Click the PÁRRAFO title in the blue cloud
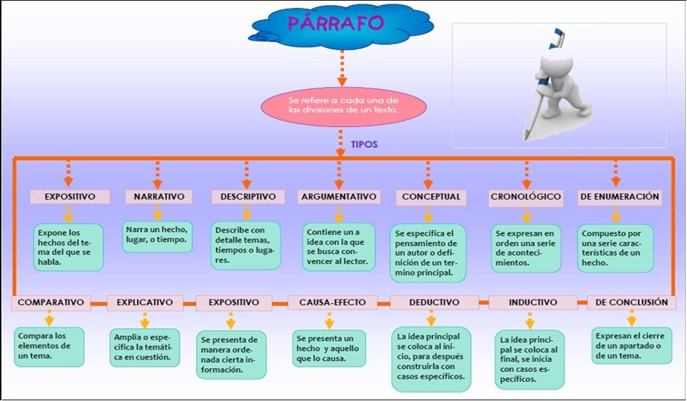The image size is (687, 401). tap(335, 23)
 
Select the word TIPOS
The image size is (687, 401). tap(364, 144)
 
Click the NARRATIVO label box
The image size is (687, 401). tap(158, 196)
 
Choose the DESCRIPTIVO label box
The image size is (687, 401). tap(246, 196)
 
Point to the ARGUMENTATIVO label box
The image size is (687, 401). tap(338, 196)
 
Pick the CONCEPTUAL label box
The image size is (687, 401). tap(431, 196)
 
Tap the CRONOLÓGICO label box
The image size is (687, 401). tap(526, 196)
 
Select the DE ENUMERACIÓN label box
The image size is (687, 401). tap(619, 196)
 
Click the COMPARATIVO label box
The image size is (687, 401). tap(51, 303)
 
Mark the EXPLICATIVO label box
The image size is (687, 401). tap(145, 303)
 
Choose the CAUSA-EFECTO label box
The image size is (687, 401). tap(332, 303)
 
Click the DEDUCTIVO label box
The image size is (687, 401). tap(434, 303)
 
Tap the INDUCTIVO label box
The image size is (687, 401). tap(533, 303)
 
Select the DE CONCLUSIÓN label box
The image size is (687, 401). tap(631, 303)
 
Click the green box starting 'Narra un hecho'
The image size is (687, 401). tap(157, 237)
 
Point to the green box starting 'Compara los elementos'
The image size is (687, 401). tap(49, 346)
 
